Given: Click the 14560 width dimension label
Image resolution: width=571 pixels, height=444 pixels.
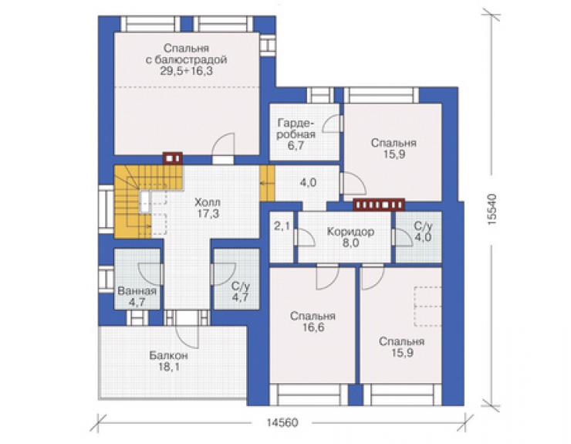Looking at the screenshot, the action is (x=282, y=423).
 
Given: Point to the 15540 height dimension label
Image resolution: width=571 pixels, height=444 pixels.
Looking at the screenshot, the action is (x=492, y=209).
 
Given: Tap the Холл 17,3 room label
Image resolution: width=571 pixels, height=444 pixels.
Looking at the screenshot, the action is (x=208, y=208).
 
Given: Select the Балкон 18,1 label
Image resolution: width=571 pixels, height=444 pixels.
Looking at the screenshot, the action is (x=169, y=361).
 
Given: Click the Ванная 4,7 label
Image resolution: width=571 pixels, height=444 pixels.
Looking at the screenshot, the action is (x=137, y=297).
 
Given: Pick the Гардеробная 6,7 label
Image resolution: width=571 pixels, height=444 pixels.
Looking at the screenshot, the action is (x=296, y=134).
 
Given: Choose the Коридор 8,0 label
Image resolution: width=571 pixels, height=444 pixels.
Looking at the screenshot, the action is (x=350, y=237).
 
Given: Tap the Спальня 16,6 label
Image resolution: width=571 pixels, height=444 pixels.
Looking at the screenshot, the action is (x=313, y=321).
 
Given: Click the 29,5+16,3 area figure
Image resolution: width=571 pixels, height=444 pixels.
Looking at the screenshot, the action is (x=187, y=71).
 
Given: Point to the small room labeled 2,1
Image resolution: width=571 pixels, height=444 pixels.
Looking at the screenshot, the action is (x=282, y=226).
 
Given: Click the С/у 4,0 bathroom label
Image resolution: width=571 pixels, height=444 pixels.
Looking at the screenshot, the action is (x=423, y=232).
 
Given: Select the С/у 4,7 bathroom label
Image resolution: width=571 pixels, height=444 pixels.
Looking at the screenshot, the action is (x=240, y=291).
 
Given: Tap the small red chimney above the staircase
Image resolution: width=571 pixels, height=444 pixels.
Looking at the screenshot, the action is (x=173, y=158).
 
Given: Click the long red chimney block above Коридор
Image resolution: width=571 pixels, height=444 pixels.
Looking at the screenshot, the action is (x=379, y=205).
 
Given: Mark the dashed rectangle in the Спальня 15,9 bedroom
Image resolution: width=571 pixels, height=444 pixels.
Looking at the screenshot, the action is (x=427, y=307).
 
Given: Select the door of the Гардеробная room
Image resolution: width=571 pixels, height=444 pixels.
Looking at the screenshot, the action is (x=331, y=123).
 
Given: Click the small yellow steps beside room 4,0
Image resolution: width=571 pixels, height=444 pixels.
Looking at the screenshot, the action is (x=267, y=183).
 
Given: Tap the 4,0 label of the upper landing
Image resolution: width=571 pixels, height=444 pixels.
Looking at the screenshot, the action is (x=308, y=183).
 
